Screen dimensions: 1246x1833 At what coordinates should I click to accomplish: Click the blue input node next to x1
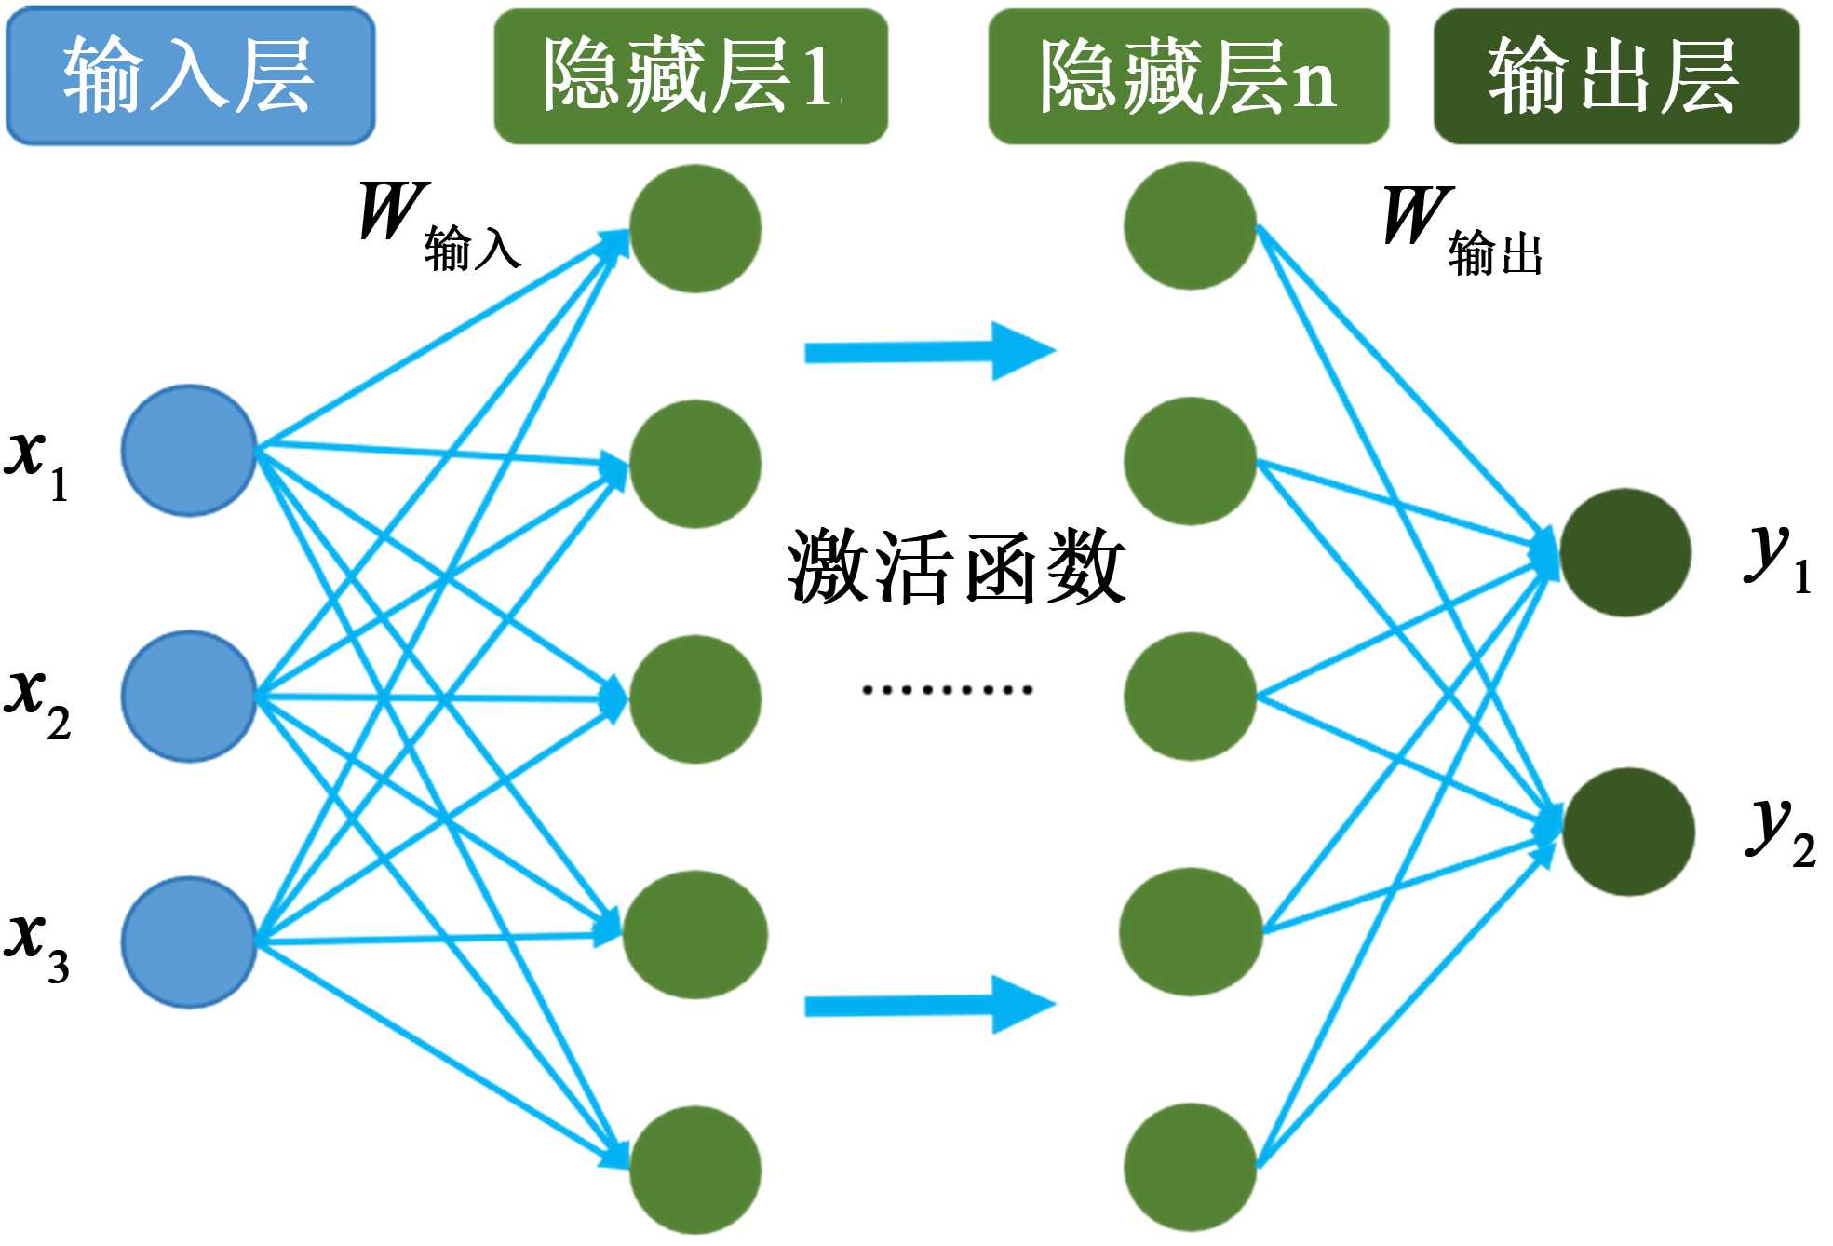click(189, 451)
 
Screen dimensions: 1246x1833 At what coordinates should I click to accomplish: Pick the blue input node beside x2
click(189, 697)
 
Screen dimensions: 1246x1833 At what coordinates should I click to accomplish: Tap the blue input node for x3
click(189, 941)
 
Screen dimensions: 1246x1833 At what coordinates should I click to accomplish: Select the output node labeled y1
click(1624, 552)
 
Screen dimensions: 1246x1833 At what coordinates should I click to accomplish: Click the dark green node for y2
click(1627, 832)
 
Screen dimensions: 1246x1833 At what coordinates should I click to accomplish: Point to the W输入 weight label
click(438, 225)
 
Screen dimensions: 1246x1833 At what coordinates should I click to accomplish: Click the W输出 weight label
click(1462, 231)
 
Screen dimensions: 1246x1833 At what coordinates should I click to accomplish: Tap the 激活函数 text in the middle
click(956, 566)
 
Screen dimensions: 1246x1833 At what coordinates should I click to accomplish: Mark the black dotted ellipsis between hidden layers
click(947, 690)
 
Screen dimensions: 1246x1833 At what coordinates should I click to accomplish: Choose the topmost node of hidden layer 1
click(695, 229)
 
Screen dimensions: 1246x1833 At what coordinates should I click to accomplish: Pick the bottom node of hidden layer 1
click(695, 1170)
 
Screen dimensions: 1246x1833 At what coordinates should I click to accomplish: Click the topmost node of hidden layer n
click(1190, 226)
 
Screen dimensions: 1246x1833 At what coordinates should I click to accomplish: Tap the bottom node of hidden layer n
click(1190, 1167)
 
